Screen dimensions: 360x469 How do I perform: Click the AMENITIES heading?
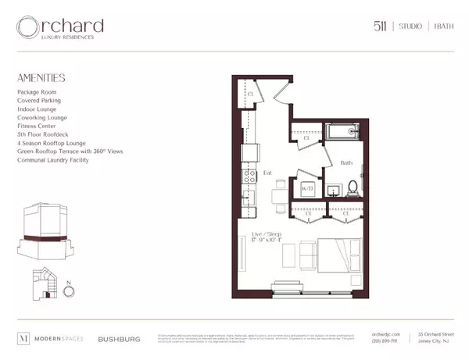click(x=41, y=78)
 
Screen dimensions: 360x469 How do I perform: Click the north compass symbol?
click(x=68, y=291)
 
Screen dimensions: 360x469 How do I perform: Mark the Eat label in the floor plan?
click(x=267, y=173)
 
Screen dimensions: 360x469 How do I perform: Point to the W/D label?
click(x=307, y=187)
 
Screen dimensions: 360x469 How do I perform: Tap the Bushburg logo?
click(x=118, y=339)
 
